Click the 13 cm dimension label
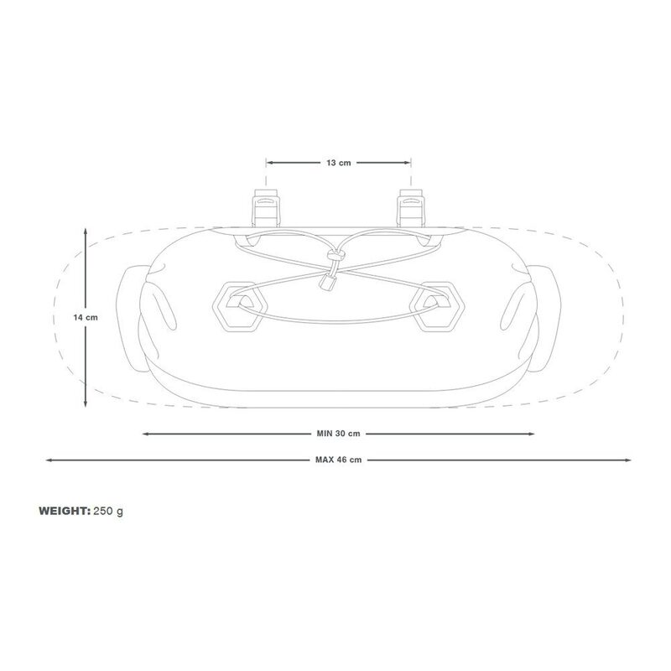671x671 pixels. (339, 163)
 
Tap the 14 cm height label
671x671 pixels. (86, 318)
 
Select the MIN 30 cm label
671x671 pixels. (338, 434)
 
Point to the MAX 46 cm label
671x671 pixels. (338, 460)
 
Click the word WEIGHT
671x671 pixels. (65, 511)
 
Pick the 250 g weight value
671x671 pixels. (108, 512)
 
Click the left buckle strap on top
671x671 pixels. (266, 208)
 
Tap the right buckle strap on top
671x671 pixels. (411, 208)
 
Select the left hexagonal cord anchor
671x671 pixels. (240, 306)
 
